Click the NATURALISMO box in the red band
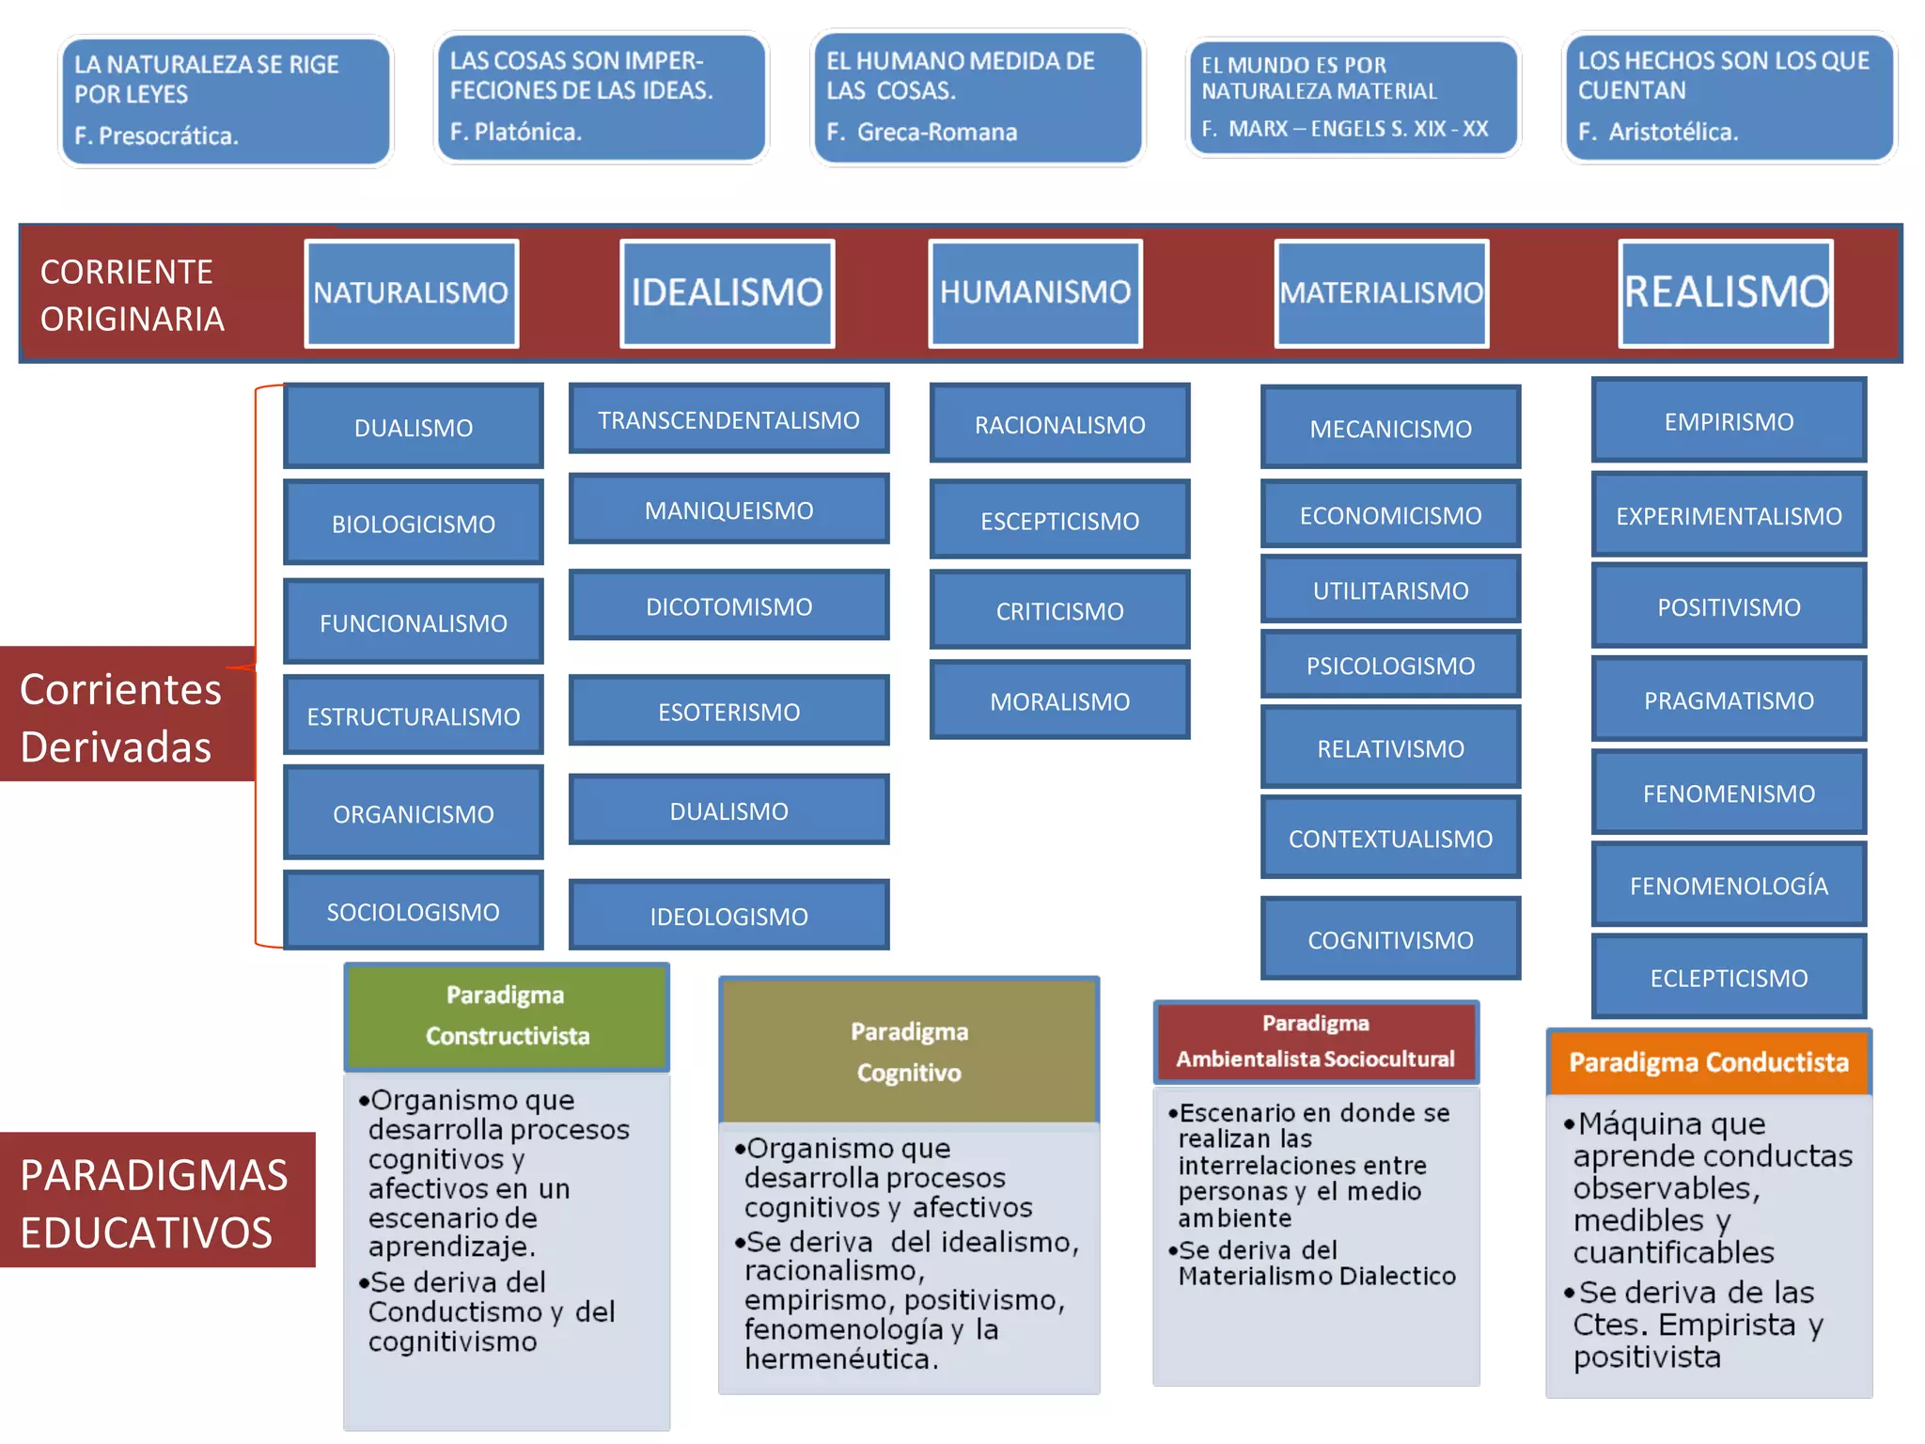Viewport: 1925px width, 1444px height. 411,293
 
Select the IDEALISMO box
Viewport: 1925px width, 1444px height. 727,293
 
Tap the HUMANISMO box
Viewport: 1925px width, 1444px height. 1035,293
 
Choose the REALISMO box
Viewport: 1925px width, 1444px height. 1726,293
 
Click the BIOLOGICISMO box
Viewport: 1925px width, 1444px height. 413,524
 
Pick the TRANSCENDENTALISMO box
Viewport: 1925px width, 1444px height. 728,419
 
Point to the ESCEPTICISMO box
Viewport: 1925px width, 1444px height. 1059,520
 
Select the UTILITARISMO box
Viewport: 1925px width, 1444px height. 1390,590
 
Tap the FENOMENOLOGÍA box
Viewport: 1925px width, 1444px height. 1729,886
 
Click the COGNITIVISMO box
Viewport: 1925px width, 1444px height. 1390,940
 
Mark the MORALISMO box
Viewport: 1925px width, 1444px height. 1059,701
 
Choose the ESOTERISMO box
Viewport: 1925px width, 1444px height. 728,712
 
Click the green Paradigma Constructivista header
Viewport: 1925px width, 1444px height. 507,1016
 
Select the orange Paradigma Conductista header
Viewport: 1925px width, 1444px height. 1708,1062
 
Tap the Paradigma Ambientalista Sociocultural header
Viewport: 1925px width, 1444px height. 1315,1042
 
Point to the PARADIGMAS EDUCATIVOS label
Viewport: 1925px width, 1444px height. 155,1202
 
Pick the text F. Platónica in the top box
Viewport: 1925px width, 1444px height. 516,132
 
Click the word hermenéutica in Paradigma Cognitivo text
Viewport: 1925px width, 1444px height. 838,1358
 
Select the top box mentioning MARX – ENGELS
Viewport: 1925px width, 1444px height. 1352,97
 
